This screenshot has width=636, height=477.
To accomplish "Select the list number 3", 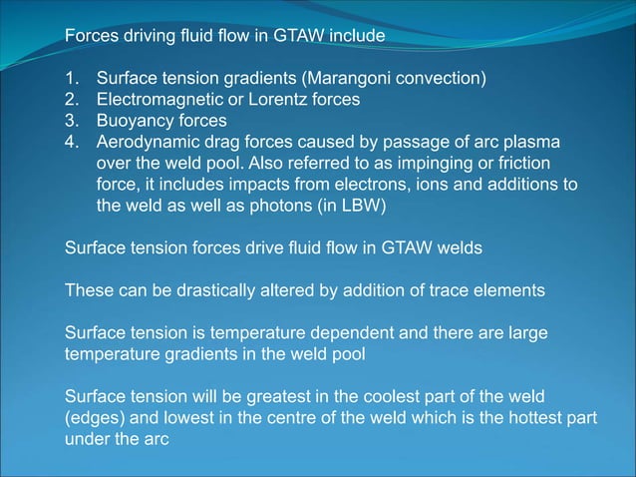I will pyautogui.click(x=72, y=121).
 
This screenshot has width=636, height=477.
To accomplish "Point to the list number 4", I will pyautogui.click(x=72, y=143).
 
